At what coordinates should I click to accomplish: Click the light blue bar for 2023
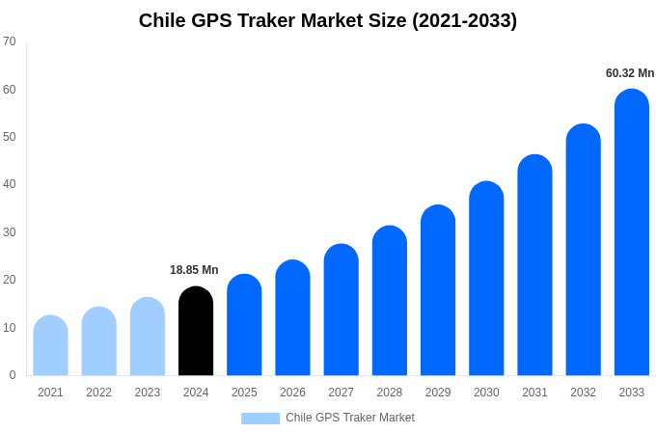[148, 337]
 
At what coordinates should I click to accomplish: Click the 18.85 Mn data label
[194, 270]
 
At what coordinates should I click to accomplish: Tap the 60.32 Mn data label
[630, 73]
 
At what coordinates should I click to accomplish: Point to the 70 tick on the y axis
[10, 41]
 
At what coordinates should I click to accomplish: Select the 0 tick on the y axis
[13, 375]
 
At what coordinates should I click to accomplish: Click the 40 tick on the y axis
[10, 184]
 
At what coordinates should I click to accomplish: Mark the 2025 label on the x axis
[244, 393]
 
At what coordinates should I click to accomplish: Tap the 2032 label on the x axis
[583, 393]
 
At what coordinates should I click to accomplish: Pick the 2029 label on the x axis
[438, 393]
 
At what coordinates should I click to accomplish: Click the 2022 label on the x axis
[98, 393]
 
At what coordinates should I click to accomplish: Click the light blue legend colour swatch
[260, 419]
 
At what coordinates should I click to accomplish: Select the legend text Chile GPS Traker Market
[350, 418]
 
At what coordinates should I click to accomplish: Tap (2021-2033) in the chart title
[464, 20]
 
